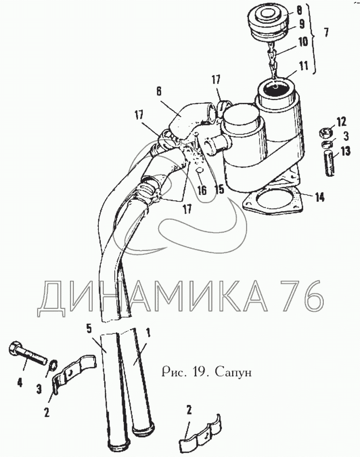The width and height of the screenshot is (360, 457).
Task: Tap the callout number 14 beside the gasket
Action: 319,198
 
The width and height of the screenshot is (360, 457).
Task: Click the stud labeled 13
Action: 330,164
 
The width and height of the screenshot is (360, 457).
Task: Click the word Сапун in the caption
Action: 233,372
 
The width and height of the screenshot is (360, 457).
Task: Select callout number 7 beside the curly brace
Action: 326,32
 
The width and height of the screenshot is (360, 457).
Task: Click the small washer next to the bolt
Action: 53,365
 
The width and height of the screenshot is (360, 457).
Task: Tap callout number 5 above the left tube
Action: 89,329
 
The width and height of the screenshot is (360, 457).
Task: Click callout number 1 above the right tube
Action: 148,332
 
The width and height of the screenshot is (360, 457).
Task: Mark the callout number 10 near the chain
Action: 303,42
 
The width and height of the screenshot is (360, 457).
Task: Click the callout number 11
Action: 303,66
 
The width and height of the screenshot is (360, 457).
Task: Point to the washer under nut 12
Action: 327,144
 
